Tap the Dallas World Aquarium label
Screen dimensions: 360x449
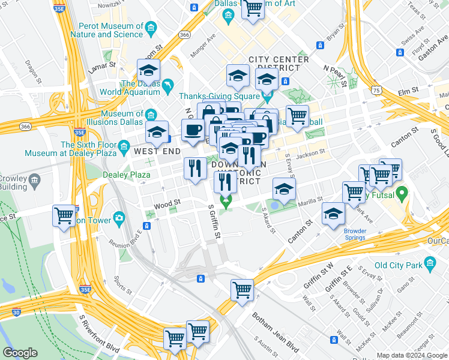pyautogui.click(x=140, y=88)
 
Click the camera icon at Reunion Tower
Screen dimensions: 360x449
pyautogui.click(x=119, y=217)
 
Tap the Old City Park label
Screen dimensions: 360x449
pyautogui.click(x=399, y=265)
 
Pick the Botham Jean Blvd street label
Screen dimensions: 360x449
pyautogui.click(x=274, y=332)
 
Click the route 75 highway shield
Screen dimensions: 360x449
pyautogui.click(x=376, y=89)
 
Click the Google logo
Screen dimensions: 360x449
pyautogui.click(x=20, y=352)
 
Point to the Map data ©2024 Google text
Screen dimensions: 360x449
pyautogui.click(x=411, y=355)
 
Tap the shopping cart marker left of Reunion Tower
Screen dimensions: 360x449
pyautogui.click(x=64, y=215)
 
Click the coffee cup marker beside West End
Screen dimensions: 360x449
pyautogui.click(x=193, y=130)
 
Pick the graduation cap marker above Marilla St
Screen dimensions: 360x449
pyautogui.click(x=284, y=189)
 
